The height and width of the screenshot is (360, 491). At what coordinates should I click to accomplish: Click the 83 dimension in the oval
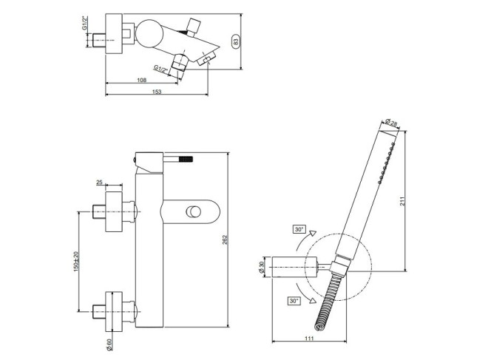coord(236,41)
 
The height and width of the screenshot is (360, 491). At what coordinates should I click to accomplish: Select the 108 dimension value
coord(142,80)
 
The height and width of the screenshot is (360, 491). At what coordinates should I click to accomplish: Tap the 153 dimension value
coord(157,92)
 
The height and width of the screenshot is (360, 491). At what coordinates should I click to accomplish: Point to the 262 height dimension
coord(226,240)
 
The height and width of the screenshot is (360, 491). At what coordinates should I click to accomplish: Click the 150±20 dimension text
coord(76,262)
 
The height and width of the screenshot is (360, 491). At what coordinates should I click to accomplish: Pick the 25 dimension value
coord(99,182)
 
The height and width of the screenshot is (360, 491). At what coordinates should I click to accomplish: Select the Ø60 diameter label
coord(109,344)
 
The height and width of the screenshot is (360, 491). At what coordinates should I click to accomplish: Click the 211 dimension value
coord(403,200)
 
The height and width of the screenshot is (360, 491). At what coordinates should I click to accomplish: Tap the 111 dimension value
coord(309,338)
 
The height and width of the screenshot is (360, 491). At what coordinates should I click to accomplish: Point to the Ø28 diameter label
coord(391,123)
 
